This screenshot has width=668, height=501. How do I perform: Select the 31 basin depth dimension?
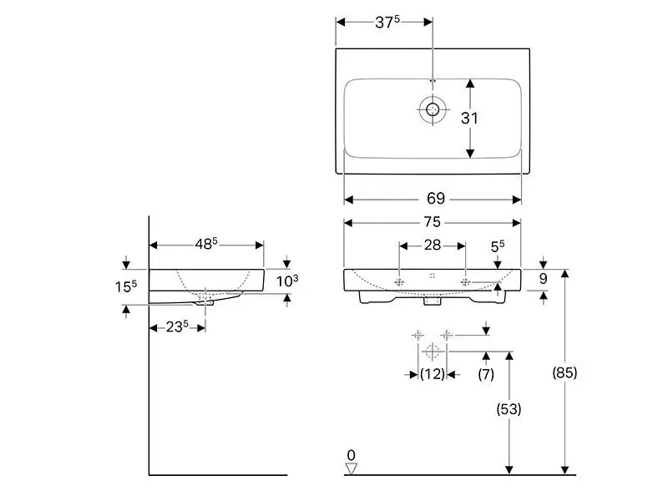coord(470,118)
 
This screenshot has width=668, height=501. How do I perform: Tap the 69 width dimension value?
coord(436,199)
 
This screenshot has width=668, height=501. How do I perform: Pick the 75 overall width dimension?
coord(433,223)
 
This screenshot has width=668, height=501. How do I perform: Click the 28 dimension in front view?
coord(433,245)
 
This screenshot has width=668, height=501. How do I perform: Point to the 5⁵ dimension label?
coord(498,247)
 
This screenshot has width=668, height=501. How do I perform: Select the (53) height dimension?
coord(509,409)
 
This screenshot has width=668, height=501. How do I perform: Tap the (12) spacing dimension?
coord(432,375)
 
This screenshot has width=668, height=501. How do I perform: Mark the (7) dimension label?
coord(486,375)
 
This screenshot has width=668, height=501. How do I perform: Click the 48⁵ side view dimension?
coord(206,244)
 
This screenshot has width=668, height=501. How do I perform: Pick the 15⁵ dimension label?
coord(124,286)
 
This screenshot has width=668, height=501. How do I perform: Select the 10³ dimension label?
coord(287,281)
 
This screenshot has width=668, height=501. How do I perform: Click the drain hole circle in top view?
coord(433,109)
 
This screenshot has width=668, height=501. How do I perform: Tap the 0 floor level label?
coord(351,454)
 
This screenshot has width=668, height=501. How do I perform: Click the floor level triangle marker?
coord(351,468)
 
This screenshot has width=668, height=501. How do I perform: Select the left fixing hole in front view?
coord(400,282)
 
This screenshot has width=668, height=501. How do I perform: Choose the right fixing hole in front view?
coord(465,282)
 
